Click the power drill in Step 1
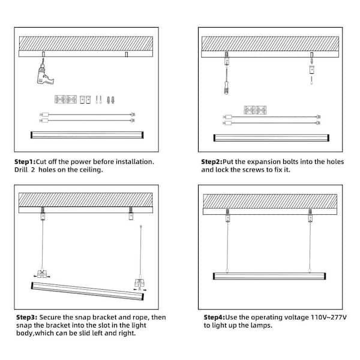(45, 74)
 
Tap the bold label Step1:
(25, 162)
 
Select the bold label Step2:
(212, 162)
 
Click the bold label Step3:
(26, 317)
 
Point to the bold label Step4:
(214, 317)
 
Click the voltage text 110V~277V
(329, 317)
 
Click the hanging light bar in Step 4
(269, 276)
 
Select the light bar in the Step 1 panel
(87, 135)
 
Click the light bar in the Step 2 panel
(271, 138)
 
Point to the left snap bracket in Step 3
(41, 274)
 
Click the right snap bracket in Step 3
(140, 284)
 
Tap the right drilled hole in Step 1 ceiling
(126, 55)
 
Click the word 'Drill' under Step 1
(20, 170)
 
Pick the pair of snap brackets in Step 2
(255, 110)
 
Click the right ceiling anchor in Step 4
(310, 215)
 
